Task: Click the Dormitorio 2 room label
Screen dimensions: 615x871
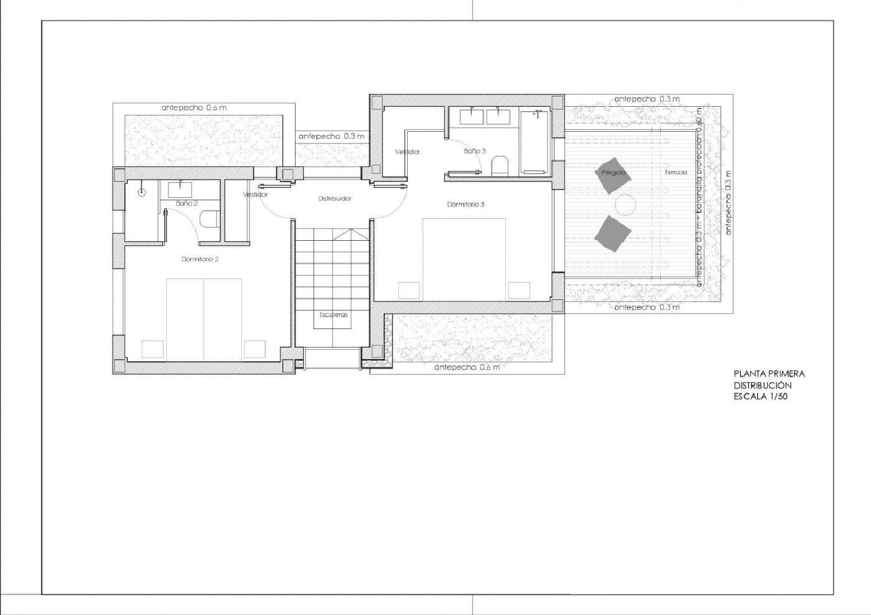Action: (x=200, y=259)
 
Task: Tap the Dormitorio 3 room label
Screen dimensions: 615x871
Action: (x=465, y=204)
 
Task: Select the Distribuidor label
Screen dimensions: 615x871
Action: (x=334, y=198)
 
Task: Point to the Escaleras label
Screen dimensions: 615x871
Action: (x=333, y=314)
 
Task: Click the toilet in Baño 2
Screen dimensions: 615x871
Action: (x=209, y=219)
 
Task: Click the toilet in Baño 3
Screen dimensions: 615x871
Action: (x=499, y=167)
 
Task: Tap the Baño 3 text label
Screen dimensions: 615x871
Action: (x=474, y=151)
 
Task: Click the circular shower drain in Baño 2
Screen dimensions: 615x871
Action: (x=141, y=192)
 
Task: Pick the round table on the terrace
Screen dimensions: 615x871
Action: (x=626, y=205)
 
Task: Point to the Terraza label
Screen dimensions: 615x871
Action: (x=676, y=172)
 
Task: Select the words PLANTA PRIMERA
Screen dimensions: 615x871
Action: (x=769, y=374)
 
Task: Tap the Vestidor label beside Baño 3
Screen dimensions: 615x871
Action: (x=407, y=151)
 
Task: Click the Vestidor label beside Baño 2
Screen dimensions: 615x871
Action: (x=255, y=195)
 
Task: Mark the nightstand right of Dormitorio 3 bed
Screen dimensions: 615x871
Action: (x=519, y=290)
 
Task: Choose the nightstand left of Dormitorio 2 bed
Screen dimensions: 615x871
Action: (x=153, y=349)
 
